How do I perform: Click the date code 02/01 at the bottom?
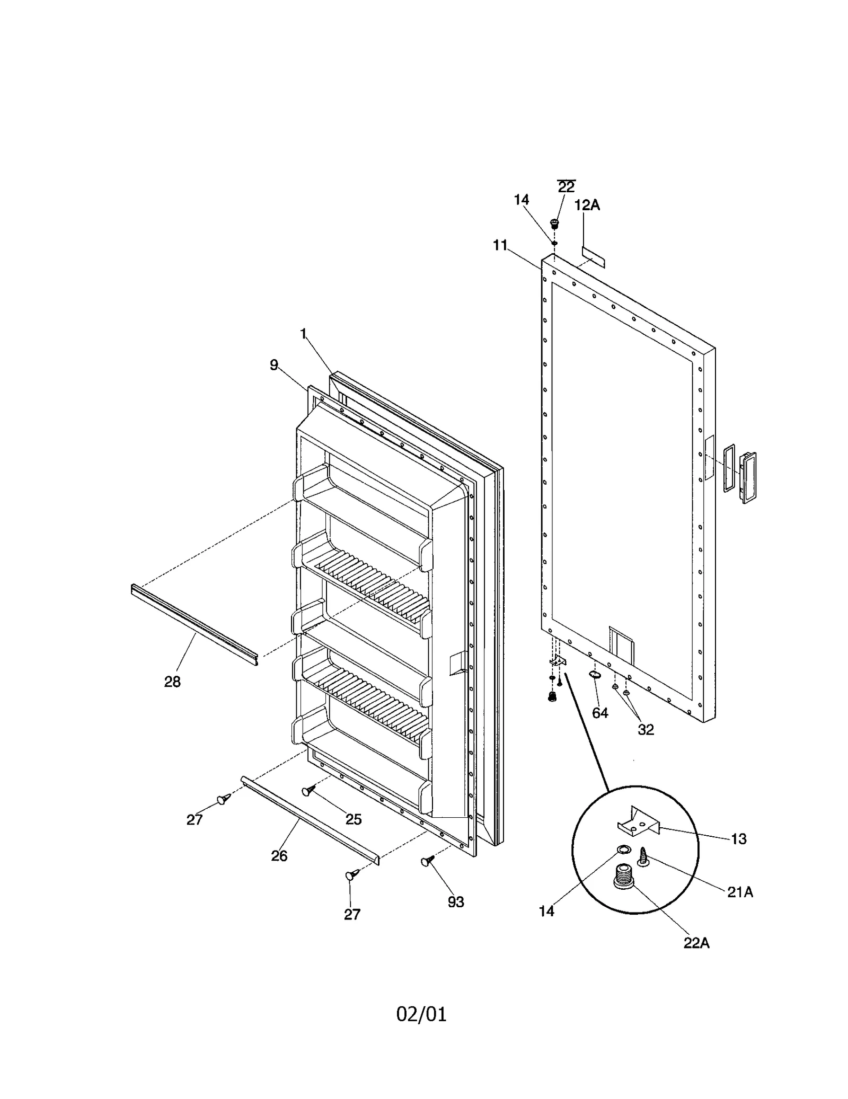421,1014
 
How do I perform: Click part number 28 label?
172,682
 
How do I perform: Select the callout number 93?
456,902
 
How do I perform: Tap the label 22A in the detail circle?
696,943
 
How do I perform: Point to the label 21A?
740,892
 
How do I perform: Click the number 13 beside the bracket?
738,839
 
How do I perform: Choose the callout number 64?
600,713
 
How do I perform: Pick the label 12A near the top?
587,205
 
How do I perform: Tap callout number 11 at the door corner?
500,245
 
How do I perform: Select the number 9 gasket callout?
273,365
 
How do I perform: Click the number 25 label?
354,819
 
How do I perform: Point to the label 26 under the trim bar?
279,856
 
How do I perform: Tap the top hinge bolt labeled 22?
555,224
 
